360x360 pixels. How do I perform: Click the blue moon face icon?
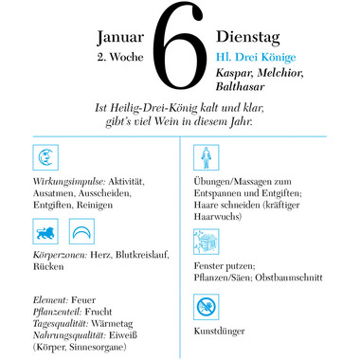[49, 157]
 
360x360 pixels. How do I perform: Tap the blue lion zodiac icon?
[47, 232]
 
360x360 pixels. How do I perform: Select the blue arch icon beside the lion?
[81, 232]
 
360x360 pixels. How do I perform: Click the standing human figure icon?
[205, 158]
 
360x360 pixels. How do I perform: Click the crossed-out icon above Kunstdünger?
[205, 307]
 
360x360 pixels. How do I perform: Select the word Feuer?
[84, 299]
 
